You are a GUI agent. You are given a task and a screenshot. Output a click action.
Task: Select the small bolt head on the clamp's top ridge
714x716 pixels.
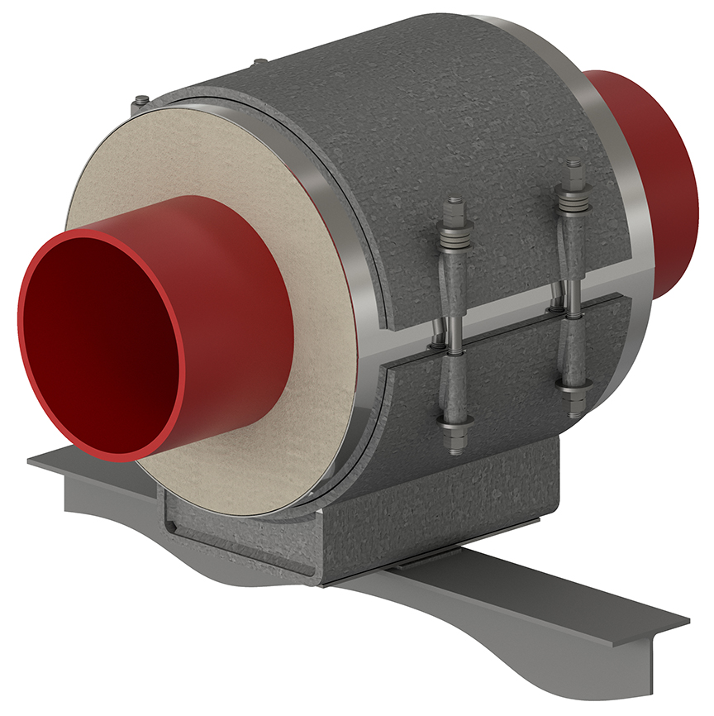[260, 62]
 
